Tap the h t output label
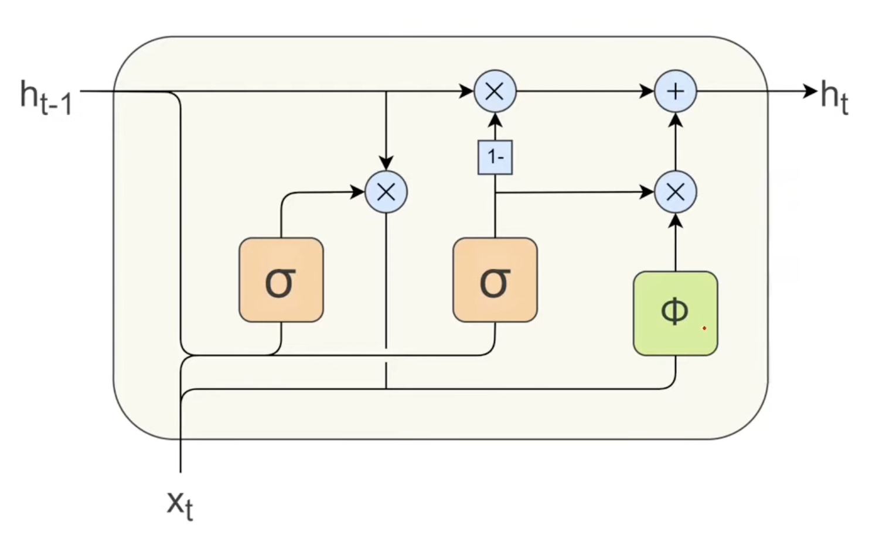[x=834, y=97]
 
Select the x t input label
[x=180, y=505]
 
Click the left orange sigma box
[x=281, y=280]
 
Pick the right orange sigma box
[x=495, y=280]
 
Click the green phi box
[x=676, y=313]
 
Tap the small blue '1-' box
[x=495, y=157]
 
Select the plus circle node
[x=676, y=91]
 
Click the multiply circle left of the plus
[x=495, y=91]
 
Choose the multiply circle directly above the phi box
[x=676, y=193]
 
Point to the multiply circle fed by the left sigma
[x=386, y=193]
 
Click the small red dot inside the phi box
[x=704, y=328]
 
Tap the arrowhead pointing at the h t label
[x=810, y=91]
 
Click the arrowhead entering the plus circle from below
[x=676, y=120]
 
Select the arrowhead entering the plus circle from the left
[x=647, y=91]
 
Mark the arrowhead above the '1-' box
[x=495, y=120]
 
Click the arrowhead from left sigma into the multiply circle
[x=357, y=193]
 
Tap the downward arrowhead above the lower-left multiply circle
[x=386, y=163]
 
